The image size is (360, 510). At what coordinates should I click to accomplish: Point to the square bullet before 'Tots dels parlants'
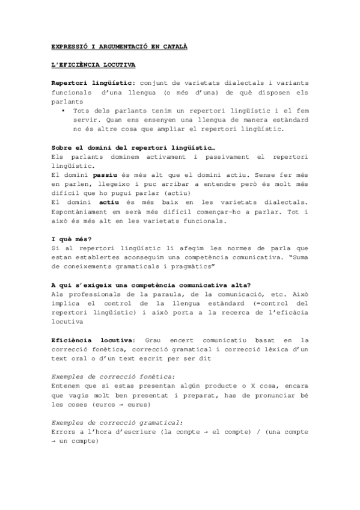(x=63, y=111)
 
